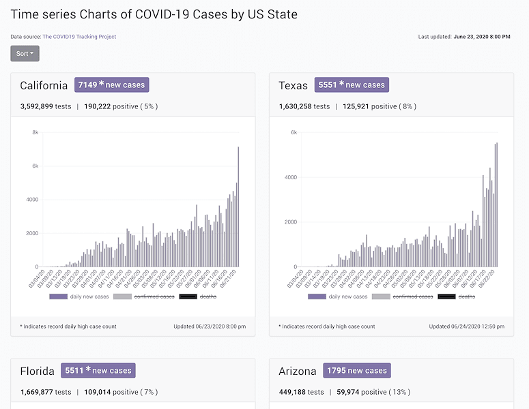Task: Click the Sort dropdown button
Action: tap(25, 54)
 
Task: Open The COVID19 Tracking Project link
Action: tap(79, 37)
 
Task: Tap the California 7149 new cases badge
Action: tap(111, 85)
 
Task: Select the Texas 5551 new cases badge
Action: tap(352, 85)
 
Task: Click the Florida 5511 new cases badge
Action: tap(98, 371)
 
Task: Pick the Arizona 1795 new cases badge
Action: tap(356, 371)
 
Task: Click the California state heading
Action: tap(44, 86)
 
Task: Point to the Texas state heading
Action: tap(293, 86)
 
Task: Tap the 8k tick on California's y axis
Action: tap(35, 132)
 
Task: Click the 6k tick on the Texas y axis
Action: tap(294, 132)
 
